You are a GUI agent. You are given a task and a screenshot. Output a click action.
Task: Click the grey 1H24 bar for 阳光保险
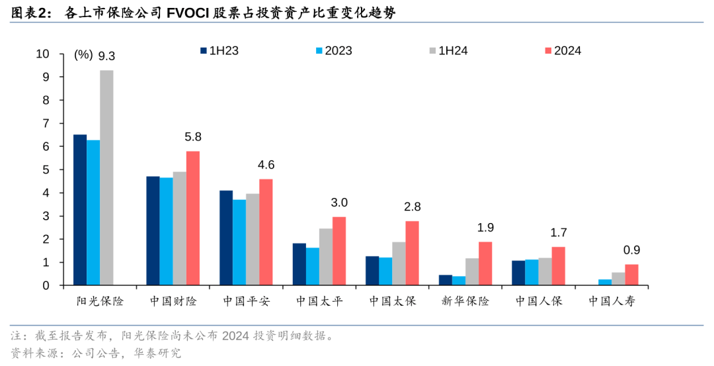106,177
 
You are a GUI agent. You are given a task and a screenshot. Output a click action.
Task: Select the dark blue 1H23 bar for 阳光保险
80,210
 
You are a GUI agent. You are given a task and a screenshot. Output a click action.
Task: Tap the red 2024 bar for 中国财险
193,218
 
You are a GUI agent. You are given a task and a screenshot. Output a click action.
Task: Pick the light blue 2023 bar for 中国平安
239,242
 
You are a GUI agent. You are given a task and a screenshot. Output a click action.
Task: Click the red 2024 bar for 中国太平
339,251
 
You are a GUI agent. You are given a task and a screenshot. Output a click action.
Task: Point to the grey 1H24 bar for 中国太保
399,263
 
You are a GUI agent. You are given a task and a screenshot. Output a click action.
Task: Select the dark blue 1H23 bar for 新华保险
446,280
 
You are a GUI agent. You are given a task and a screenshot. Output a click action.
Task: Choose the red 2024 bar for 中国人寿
631,275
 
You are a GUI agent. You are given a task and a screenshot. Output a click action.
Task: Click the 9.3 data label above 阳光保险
106,56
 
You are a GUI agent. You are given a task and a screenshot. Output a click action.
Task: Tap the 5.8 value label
193,137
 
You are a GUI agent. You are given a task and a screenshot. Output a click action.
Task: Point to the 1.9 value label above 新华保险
485,228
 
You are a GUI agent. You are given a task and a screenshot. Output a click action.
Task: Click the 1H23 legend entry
221,51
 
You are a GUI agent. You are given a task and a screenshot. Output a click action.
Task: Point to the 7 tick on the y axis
46,124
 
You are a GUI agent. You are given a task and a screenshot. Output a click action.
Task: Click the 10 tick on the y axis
43,54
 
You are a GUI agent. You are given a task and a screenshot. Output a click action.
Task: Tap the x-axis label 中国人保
539,302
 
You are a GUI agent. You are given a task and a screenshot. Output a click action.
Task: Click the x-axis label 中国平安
246,302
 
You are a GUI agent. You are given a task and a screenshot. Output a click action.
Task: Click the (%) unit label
83,55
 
